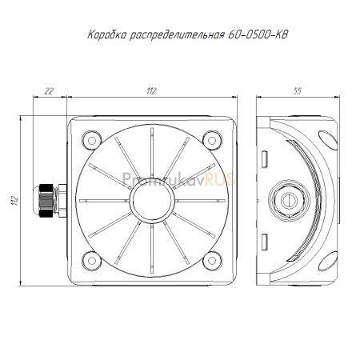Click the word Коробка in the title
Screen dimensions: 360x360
[x=106, y=34]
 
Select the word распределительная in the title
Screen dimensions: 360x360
[x=177, y=35]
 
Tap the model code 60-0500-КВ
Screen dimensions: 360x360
[x=258, y=34]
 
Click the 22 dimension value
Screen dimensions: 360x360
[x=49, y=91]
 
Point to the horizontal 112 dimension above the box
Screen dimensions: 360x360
[x=151, y=91]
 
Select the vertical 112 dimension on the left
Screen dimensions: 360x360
[x=14, y=201]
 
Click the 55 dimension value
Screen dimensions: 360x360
[x=297, y=91]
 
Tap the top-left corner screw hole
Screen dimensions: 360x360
[x=92, y=140]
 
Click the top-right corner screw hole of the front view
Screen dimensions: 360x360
[x=212, y=140]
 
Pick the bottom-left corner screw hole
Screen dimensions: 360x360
[x=92, y=261]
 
